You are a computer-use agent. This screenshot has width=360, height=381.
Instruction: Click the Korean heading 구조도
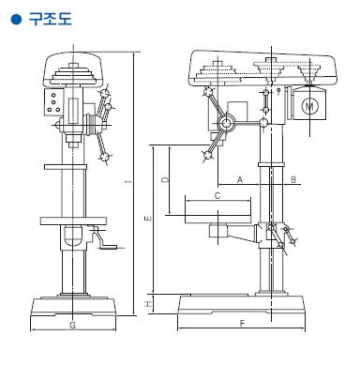pyautogui.click(x=51, y=19)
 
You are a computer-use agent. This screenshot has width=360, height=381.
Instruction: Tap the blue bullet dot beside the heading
pyautogui.click(x=16, y=19)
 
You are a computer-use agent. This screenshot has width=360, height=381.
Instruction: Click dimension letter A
pyautogui.click(x=240, y=179)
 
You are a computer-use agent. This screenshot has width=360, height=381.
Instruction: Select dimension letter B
pyautogui.click(x=293, y=179)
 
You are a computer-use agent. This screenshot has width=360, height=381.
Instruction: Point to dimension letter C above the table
pyautogui.click(x=217, y=196)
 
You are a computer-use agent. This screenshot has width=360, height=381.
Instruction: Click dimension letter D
pyautogui.click(x=165, y=179)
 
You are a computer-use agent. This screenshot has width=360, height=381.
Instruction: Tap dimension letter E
pyautogui.click(x=148, y=218)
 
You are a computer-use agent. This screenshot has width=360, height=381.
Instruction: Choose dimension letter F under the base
pyautogui.click(x=242, y=324)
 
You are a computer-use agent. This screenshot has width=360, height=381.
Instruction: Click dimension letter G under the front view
pyautogui.click(x=72, y=325)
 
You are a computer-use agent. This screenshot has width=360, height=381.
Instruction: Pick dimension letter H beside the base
pyautogui.click(x=148, y=304)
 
